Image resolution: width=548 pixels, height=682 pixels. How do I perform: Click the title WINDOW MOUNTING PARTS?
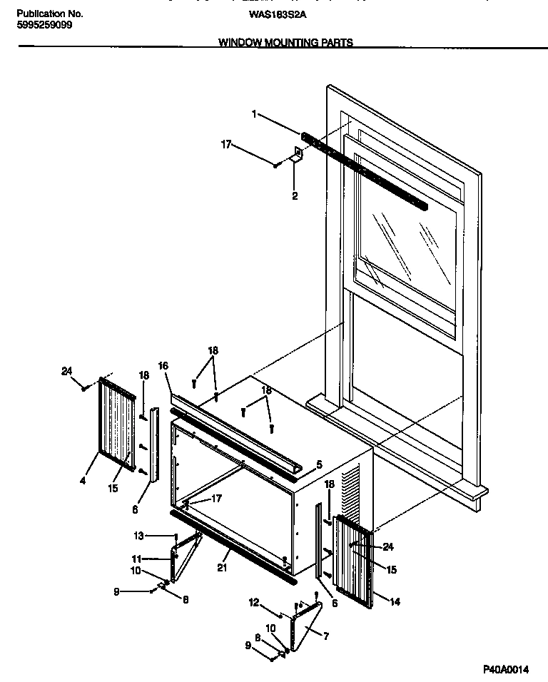point(285,43)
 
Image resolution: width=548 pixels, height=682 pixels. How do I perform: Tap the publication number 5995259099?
point(44,24)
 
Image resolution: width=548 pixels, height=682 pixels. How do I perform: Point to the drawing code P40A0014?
point(508,669)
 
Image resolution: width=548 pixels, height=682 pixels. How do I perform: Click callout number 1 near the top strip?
point(253,113)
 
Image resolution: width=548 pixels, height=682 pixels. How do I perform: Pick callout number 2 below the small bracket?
point(294,195)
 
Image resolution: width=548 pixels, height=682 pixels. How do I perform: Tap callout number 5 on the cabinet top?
point(319,464)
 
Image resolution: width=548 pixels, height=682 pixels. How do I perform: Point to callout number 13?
point(139,536)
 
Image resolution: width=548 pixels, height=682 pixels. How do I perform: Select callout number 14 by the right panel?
point(395,602)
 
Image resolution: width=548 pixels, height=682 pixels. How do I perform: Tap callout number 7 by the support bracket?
point(325,636)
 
